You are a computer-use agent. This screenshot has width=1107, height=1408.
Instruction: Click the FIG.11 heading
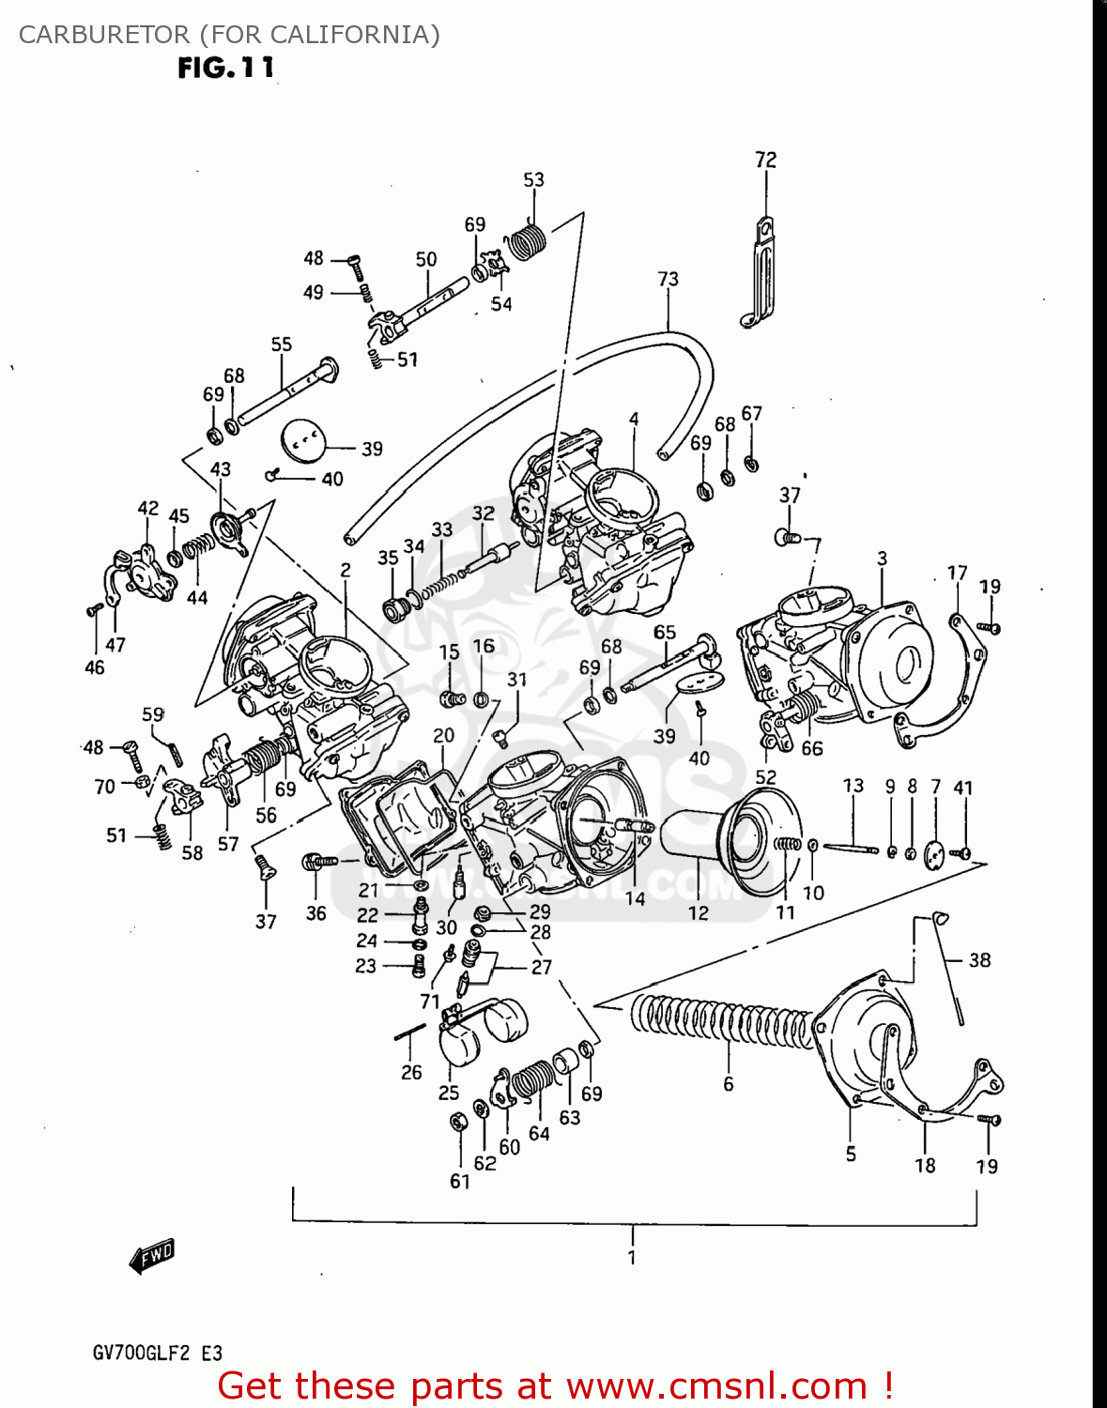pyautogui.click(x=226, y=68)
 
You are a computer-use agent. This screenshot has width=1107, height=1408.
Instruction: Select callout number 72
pyautogui.click(x=765, y=160)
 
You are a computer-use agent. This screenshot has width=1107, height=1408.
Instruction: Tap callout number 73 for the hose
pyautogui.click(x=668, y=279)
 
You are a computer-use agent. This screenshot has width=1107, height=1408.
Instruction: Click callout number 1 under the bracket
pyautogui.click(x=632, y=1257)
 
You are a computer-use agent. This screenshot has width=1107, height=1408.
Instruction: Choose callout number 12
pyautogui.click(x=698, y=912)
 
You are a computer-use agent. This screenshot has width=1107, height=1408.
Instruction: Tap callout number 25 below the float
pyautogui.click(x=449, y=1092)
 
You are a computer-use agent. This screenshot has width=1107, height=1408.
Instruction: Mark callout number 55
pyautogui.click(x=281, y=344)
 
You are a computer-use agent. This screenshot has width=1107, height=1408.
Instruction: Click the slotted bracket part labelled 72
pyautogui.click(x=763, y=272)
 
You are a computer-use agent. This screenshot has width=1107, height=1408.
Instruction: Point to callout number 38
pyautogui.click(x=979, y=959)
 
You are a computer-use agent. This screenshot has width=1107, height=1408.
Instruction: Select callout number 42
pyautogui.click(x=147, y=508)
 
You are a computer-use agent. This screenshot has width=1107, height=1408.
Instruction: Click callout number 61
pyautogui.click(x=459, y=1181)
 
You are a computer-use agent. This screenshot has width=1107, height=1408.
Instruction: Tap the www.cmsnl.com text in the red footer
pyautogui.click(x=715, y=1385)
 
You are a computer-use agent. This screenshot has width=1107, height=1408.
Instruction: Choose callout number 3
pyautogui.click(x=882, y=558)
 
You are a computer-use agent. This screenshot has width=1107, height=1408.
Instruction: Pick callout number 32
pyautogui.click(x=483, y=513)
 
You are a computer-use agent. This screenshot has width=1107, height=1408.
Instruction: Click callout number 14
pyautogui.click(x=636, y=898)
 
